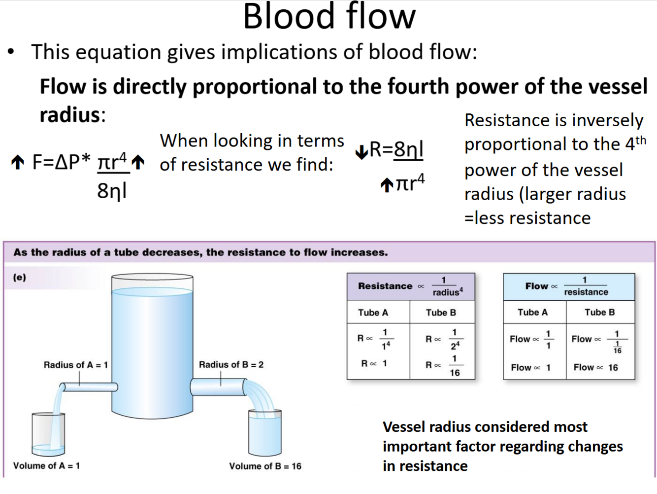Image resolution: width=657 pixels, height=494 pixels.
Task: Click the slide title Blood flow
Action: point(329,17)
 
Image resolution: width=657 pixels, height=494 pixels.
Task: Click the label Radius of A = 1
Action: point(75,365)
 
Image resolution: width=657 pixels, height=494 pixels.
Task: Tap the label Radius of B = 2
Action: point(231,365)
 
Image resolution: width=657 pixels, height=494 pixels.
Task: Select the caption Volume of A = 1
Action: point(46,466)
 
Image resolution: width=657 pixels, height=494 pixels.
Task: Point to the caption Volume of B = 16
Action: point(265,466)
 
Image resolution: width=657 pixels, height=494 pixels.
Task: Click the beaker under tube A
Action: point(48,434)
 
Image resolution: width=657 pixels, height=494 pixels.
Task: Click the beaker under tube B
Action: point(265,433)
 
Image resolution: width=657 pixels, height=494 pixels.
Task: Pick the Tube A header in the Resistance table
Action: point(373,313)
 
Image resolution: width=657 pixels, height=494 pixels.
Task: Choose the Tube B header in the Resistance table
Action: point(441,313)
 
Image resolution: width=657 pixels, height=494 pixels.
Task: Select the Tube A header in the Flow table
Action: point(532,312)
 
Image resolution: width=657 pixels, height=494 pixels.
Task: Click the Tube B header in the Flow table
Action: point(599,312)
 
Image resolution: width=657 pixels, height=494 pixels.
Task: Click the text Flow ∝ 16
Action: point(595,367)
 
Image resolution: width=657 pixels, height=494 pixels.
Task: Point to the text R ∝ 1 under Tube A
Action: point(374,363)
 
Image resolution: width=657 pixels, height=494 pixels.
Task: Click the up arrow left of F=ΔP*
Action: point(18,162)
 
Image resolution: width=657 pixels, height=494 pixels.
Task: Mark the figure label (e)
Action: point(20,278)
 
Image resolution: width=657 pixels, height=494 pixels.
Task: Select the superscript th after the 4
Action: point(640,140)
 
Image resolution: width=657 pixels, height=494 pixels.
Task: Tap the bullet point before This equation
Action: point(11,52)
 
